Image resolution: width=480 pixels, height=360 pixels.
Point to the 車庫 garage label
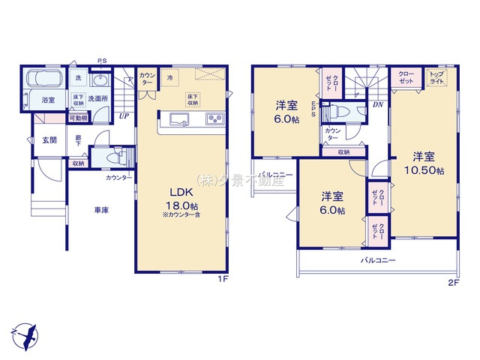[x=101, y=210]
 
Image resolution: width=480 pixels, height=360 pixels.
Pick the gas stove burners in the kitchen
[x=214, y=120]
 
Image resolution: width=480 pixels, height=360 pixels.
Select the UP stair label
[x=122, y=116]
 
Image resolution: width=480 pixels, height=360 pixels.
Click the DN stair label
[x=376, y=105]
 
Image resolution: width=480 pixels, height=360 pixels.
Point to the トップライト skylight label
[x=435, y=76]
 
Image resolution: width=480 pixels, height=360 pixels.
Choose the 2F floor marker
[x=452, y=281]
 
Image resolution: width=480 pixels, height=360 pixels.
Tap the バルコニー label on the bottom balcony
[x=379, y=260]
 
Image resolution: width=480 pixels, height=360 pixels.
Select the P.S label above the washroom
[x=101, y=62]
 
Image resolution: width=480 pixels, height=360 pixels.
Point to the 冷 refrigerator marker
[x=170, y=77]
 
